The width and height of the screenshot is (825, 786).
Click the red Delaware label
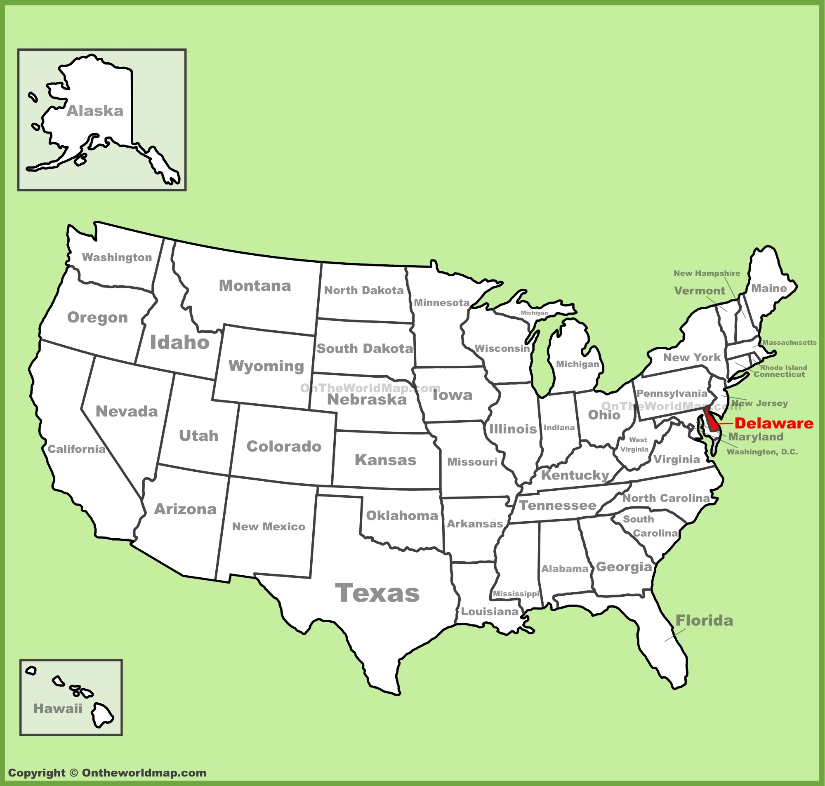pyautogui.click(x=773, y=423)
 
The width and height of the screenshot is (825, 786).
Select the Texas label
pyautogui.click(x=377, y=593)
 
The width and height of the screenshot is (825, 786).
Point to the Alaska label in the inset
pyautogui.click(x=95, y=111)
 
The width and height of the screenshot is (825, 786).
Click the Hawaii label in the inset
pyautogui.click(x=58, y=708)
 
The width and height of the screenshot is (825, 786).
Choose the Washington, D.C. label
pyautogui.click(x=762, y=452)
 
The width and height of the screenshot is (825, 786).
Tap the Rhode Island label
pyautogui.click(x=783, y=367)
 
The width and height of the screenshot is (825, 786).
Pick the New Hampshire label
pyautogui.click(x=707, y=273)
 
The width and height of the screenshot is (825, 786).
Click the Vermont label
pyautogui.click(x=699, y=291)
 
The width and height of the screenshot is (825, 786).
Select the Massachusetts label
pyautogui.click(x=790, y=342)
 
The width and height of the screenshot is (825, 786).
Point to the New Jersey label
pyautogui.click(x=760, y=403)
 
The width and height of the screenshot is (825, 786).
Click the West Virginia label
pyautogui.click(x=635, y=445)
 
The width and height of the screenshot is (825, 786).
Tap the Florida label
pyautogui.click(x=704, y=621)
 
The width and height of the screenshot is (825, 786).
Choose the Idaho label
pyautogui.click(x=180, y=342)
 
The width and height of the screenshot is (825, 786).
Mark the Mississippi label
pyautogui.click(x=516, y=594)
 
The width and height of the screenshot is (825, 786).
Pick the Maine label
pyautogui.click(x=769, y=288)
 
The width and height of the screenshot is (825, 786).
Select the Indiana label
pyautogui.click(x=559, y=427)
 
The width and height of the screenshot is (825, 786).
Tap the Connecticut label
pyautogui.click(x=779, y=374)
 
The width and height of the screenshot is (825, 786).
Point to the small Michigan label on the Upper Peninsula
pyautogui.click(x=534, y=313)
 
